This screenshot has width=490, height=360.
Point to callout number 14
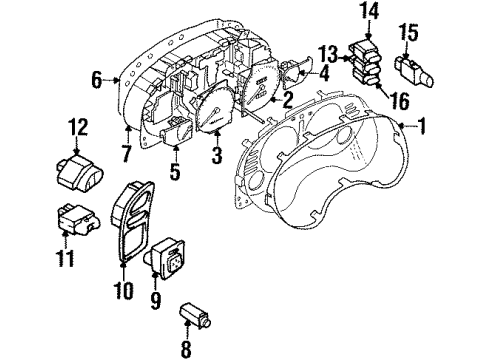click(x=372, y=11)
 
